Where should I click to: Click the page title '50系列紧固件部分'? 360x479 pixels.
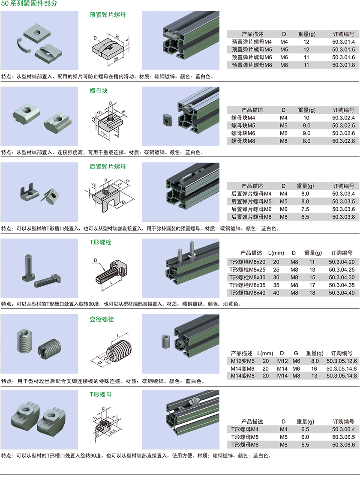click(29, 4)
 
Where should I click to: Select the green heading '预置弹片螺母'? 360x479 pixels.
click(108, 15)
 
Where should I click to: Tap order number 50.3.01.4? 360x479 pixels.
click(343, 42)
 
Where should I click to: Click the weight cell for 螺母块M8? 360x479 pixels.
click(306, 141)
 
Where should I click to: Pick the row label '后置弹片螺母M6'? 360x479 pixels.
click(251, 209)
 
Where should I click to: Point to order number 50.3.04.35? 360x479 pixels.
click(342, 285)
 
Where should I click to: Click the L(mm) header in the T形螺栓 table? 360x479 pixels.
click(276, 253)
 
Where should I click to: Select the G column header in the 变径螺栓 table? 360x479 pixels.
click(296, 353)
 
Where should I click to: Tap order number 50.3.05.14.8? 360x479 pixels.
click(342, 376)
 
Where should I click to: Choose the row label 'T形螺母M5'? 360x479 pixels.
click(245, 437)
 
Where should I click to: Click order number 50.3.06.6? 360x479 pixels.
click(343, 445)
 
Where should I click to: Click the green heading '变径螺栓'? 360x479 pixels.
click(102, 319)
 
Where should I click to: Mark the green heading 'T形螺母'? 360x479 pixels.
click(100, 394)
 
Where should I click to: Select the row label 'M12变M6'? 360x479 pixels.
click(242, 361)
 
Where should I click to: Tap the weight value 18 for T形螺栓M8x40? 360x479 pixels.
click(312, 293)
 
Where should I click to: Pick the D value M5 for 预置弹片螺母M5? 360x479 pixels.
click(284, 50)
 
